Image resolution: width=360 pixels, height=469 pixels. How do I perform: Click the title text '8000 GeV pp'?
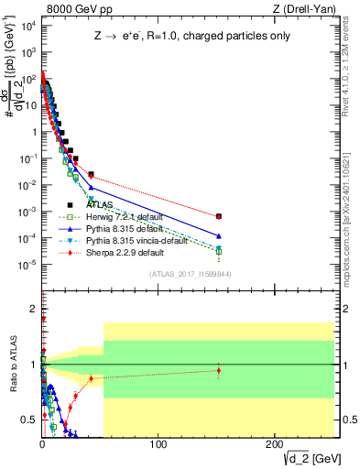71,8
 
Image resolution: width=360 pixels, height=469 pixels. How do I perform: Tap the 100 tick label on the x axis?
158,446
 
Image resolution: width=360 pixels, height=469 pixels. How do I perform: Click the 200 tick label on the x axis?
274,446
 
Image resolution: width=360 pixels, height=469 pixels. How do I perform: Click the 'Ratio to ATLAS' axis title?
11,365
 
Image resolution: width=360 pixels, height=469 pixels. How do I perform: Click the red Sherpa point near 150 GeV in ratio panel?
218,371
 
